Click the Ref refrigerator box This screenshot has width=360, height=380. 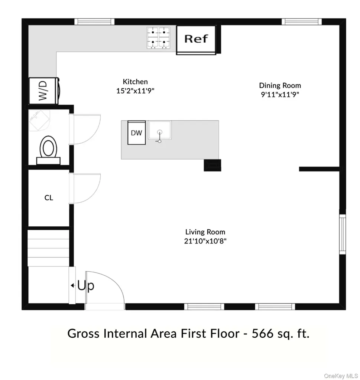196,40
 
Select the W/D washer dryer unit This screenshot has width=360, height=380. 44,91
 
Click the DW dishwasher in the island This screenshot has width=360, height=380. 137,132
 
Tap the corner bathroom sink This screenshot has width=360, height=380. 39,120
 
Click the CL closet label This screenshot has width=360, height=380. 49,198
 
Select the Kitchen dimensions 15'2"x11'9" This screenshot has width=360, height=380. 135,91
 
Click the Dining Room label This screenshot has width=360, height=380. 280,85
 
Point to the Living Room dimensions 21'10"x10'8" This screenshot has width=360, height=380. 205,241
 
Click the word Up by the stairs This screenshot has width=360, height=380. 86,286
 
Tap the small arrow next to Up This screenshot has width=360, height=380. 72,285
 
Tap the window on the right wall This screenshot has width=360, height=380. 342,235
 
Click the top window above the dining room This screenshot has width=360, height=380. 302,22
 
